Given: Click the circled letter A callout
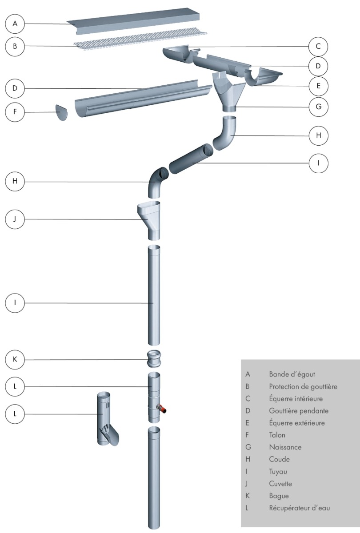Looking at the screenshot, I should (x=15, y=24).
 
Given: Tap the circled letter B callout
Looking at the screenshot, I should (x=15, y=46).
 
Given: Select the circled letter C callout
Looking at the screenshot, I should (x=318, y=46).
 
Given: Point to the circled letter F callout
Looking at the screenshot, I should (x=15, y=112).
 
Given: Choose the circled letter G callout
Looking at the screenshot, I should (x=318, y=107).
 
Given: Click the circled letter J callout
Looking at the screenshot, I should (x=15, y=219).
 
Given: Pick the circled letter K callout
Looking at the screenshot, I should (x=15, y=359).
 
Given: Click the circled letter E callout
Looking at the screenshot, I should (x=318, y=86).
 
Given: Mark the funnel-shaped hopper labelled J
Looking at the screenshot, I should (x=150, y=218).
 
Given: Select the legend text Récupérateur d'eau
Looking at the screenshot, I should (x=299, y=508).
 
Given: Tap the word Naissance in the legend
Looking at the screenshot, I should (x=285, y=447).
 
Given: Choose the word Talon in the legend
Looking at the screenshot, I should (x=277, y=435).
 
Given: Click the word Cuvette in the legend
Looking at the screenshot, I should (x=280, y=484).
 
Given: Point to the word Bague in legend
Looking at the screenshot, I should (x=278, y=496).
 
